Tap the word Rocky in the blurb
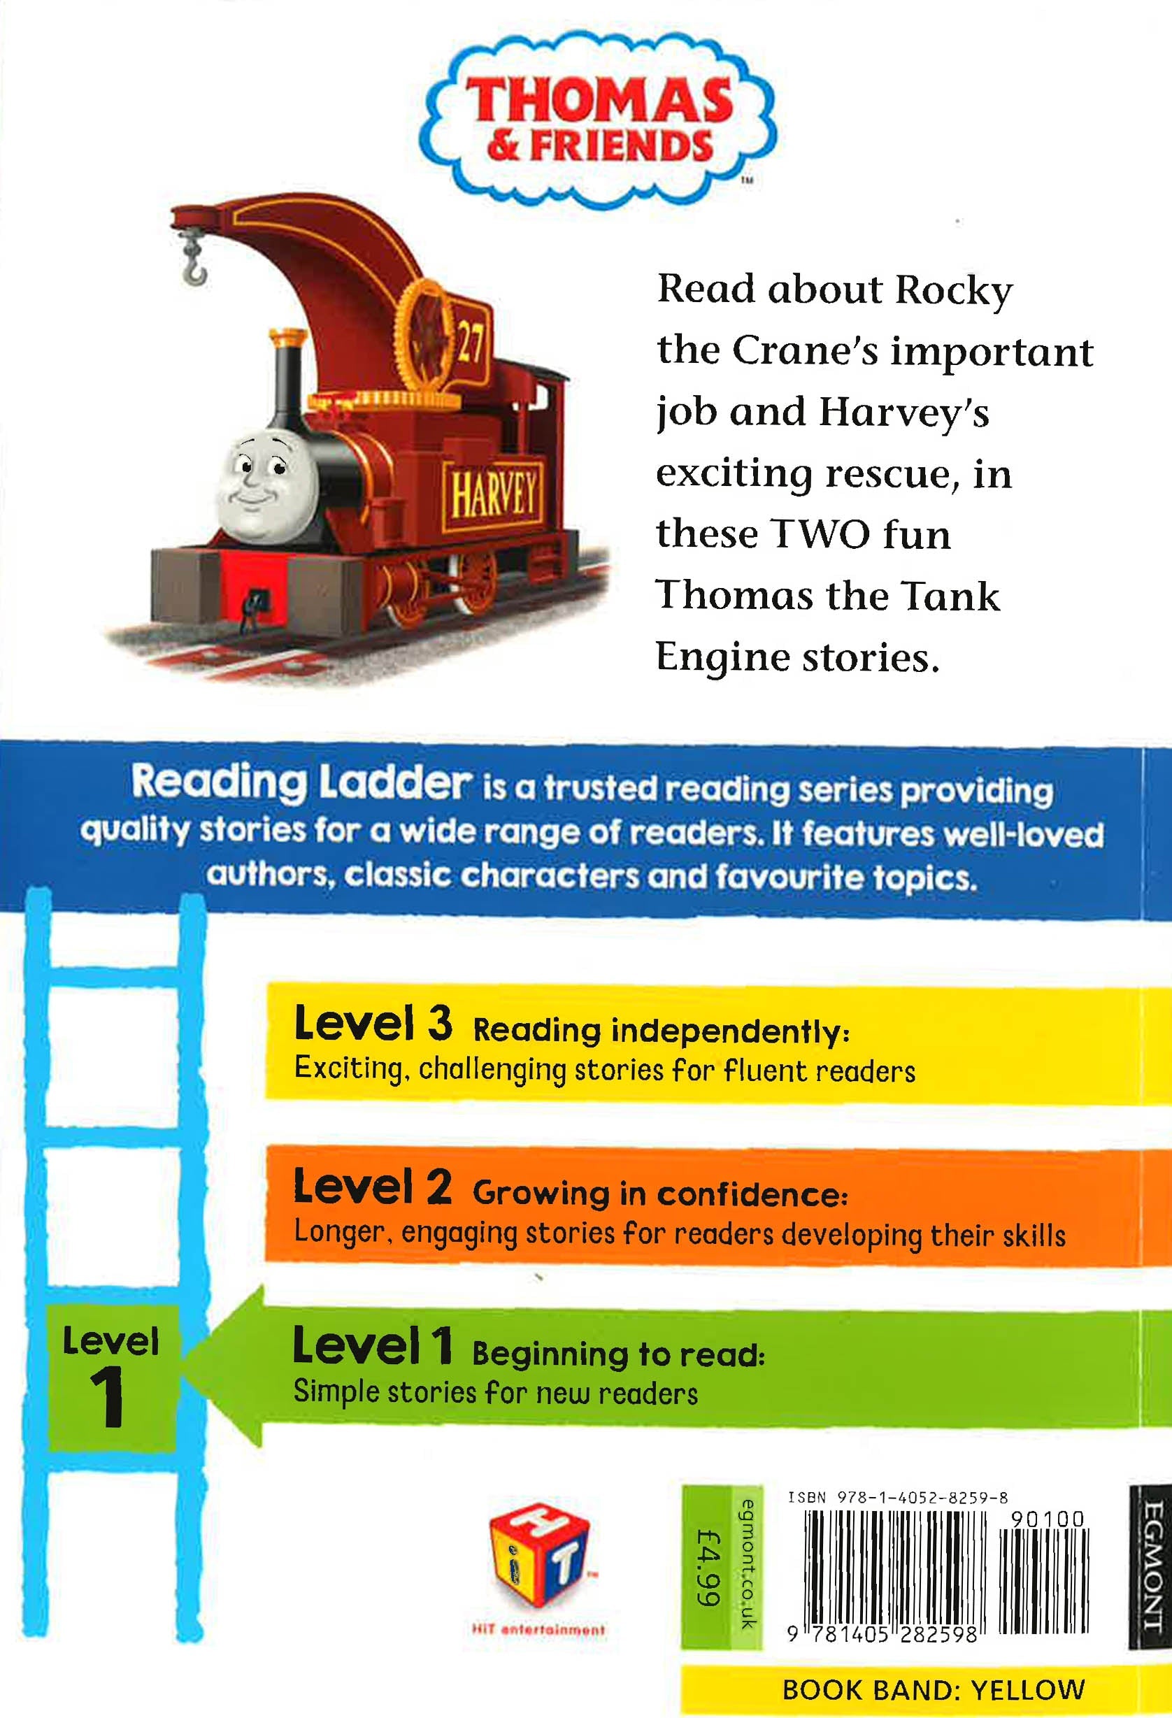click(x=953, y=289)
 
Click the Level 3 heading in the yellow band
click(x=373, y=1024)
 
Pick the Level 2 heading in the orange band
click(x=373, y=1187)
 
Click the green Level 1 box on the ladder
click(x=112, y=1378)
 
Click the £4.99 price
click(x=708, y=1567)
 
